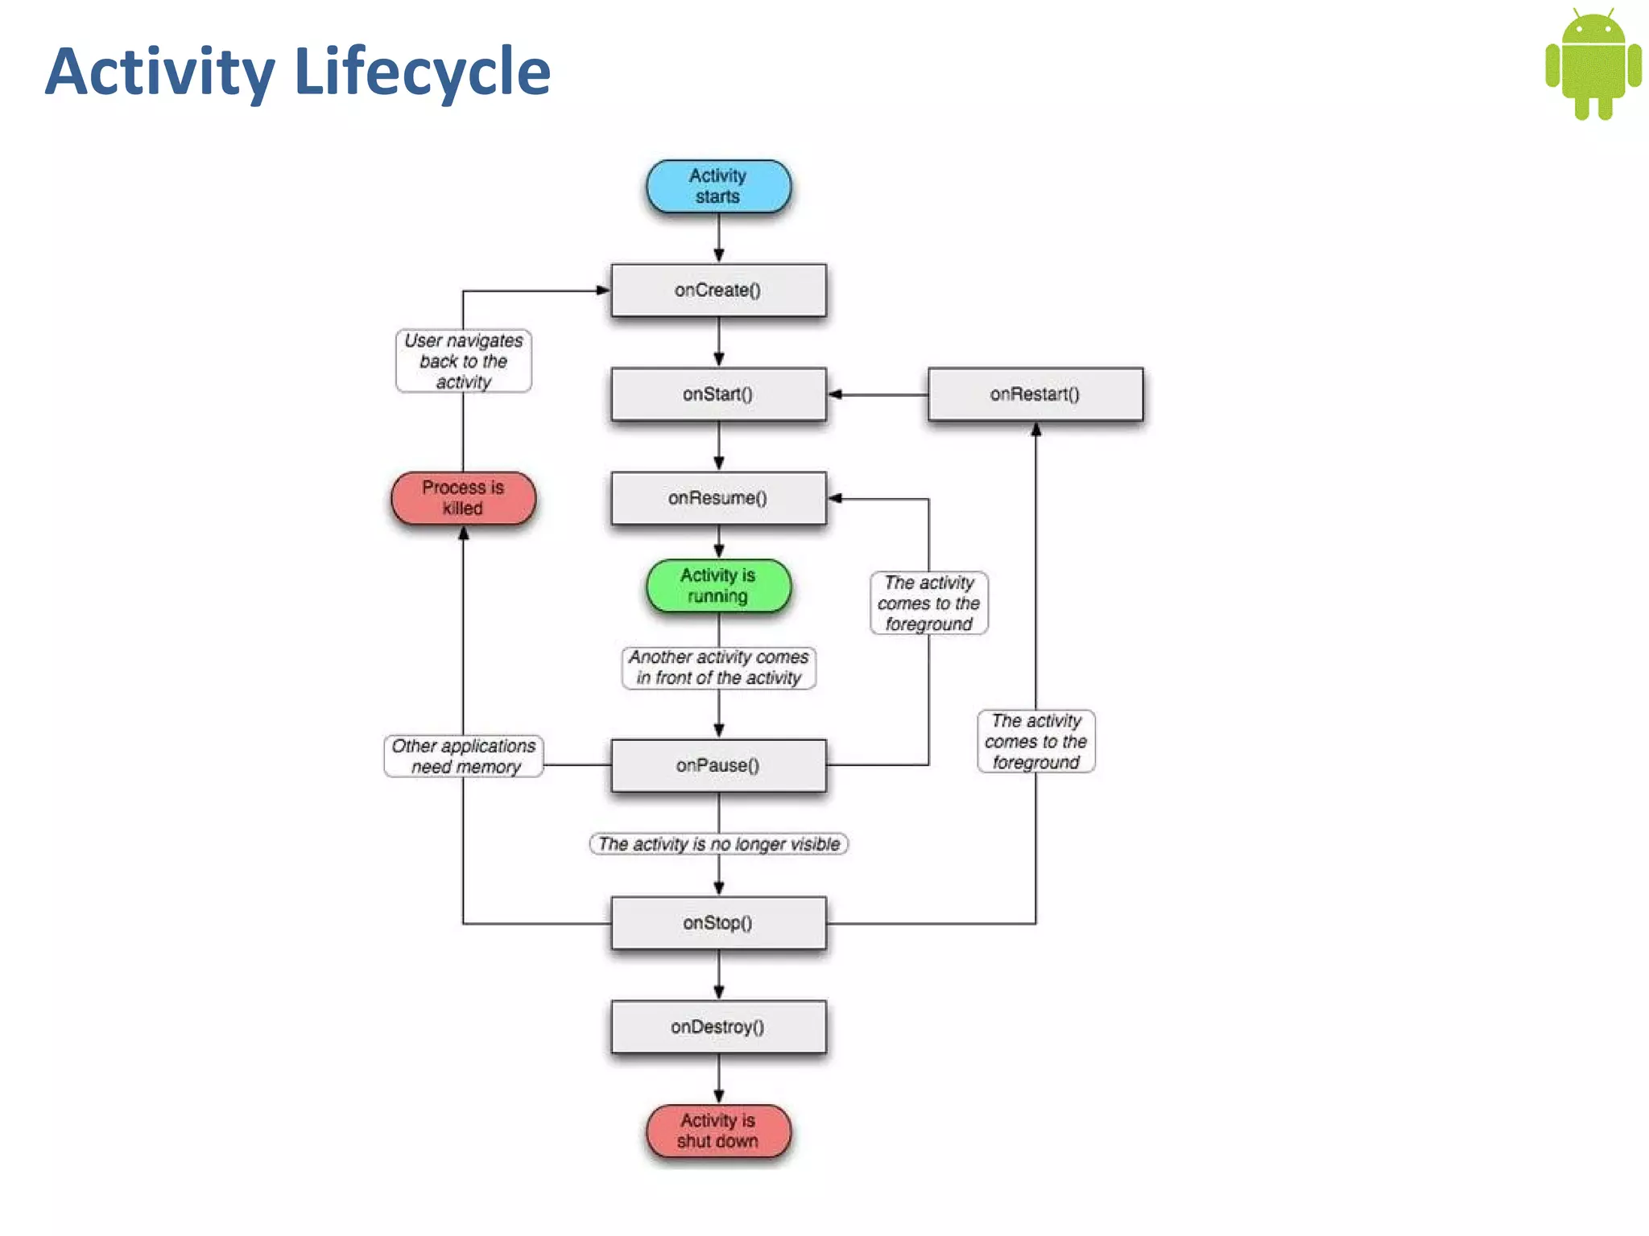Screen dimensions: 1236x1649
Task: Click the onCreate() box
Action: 718,290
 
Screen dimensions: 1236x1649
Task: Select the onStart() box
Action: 718,394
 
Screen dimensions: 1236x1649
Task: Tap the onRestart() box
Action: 1035,394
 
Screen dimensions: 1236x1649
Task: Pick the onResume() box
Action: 718,498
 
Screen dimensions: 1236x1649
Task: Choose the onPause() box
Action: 718,765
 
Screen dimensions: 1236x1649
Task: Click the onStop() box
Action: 718,923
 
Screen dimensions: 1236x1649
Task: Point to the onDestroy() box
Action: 718,1027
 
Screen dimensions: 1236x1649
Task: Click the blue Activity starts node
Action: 718,187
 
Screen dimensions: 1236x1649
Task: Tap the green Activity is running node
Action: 718,586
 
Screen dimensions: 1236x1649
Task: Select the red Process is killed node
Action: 463,498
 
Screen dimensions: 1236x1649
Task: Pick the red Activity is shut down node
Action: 718,1131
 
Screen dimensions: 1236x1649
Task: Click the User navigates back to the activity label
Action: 463,361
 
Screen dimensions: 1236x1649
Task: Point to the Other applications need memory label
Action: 464,756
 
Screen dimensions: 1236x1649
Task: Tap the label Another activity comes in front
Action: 718,668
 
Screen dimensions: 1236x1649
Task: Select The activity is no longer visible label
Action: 718,844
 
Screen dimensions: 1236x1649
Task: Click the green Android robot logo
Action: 1593,64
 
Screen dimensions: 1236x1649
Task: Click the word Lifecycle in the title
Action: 422,72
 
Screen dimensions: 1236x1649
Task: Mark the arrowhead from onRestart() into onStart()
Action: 836,394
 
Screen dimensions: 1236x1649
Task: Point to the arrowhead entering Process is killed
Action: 463,534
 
